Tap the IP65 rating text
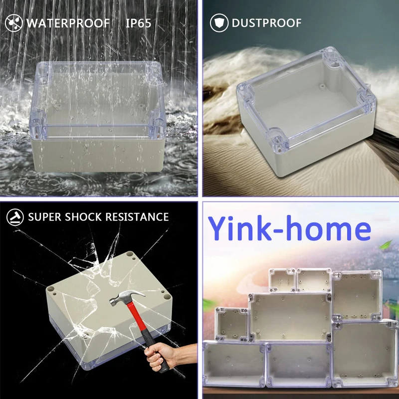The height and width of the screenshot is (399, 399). click(138, 23)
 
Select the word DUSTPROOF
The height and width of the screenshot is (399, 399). click(266, 23)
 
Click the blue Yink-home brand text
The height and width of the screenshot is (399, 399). click(289, 229)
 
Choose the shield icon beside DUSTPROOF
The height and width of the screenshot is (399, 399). click(219, 23)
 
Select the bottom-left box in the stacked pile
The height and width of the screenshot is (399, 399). click(233, 364)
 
